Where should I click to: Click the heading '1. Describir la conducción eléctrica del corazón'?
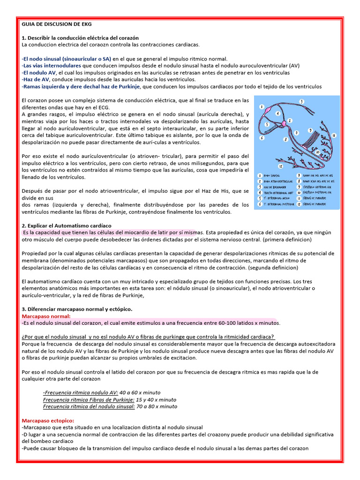80,37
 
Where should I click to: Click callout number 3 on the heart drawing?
301,102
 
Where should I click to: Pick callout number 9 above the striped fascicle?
310,130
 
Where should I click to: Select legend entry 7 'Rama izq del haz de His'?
316,174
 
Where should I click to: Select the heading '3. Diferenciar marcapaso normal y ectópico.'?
77,309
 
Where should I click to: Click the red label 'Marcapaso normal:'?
46,316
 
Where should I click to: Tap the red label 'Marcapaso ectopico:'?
48,420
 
